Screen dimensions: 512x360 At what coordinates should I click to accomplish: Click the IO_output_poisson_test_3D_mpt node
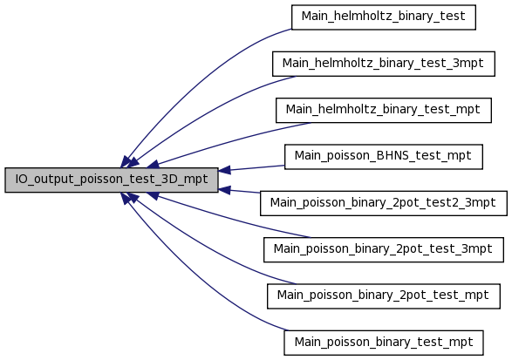click(x=112, y=180)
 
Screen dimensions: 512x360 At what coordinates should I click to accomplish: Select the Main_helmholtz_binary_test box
click(x=384, y=17)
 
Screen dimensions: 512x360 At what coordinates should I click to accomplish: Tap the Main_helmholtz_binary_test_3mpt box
click(x=384, y=64)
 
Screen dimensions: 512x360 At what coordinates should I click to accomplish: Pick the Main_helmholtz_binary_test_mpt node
click(x=384, y=111)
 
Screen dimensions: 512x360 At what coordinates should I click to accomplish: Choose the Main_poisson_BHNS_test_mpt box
click(x=384, y=157)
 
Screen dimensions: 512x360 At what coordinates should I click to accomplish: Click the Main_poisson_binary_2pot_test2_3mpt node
click(x=384, y=203)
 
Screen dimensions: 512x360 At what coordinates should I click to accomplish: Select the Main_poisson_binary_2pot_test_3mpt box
click(x=384, y=249)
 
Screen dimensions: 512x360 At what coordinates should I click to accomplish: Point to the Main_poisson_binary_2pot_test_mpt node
click(x=384, y=296)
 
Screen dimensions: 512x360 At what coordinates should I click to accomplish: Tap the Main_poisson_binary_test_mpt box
click(x=384, y=343)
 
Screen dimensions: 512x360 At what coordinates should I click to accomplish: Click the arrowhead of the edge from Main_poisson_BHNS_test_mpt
click(x=224, y=170)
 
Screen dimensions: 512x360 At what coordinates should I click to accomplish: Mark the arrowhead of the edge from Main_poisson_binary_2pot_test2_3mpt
click(x=224, y=190)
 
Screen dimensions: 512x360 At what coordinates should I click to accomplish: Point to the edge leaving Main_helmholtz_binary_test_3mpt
click(x=209, y=111)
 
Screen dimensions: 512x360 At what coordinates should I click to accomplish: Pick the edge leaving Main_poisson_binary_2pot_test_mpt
click(x=209, y=248)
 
